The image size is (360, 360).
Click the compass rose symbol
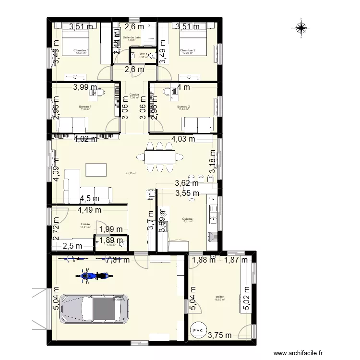pyautogui.click(x=300, y=29)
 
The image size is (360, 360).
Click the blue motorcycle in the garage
pyautogui.click(x=91, y=276)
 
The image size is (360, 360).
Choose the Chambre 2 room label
pyautogui.click(x=187, y=50)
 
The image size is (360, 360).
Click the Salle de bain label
pyautogui.click(x=132, y=37)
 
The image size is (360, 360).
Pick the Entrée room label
pyautogui.click(x=85, y=224)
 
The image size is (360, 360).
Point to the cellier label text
pyautogui.click(x=220, y=297)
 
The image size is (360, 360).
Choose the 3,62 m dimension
pyautogui.click(x=186, y=183)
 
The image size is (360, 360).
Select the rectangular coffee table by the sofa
pyautogui.click(x=96, y=170)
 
